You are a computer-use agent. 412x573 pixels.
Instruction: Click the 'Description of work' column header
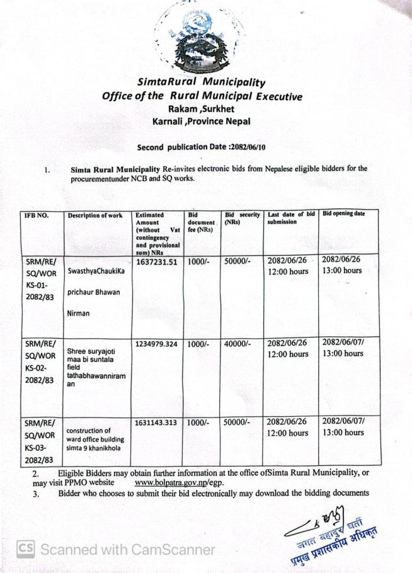(95, 215)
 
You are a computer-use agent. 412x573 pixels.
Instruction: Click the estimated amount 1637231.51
(157, 261)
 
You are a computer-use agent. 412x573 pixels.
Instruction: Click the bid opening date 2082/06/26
(342, 260)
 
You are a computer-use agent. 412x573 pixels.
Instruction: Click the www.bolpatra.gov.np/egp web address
(179, 482)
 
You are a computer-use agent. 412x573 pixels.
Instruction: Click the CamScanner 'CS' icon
(25, 549)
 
